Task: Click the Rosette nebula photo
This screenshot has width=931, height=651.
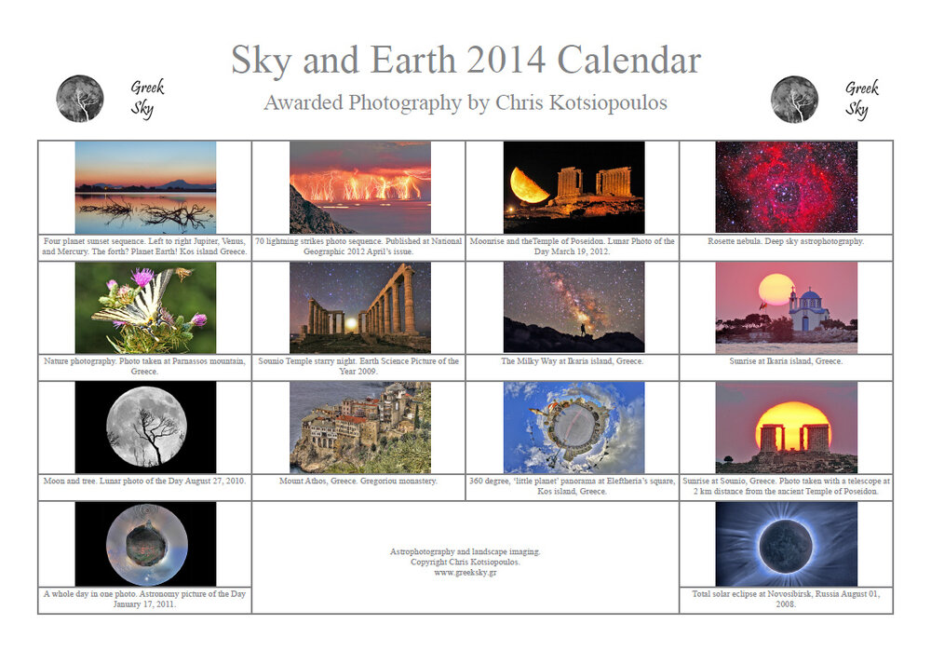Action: tap(786, 186)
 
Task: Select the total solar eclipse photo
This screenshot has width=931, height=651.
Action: tap(786, 544)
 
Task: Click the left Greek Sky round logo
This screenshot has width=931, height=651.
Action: tap(80, 99)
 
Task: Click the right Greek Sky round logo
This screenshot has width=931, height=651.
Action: tap(794, 99)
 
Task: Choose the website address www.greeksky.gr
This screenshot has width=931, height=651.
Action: tap(465, 573)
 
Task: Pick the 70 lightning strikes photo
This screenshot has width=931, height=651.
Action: tap(359, 186)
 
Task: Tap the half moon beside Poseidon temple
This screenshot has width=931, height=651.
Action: tap(528, 185)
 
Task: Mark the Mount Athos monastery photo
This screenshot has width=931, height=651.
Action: tap(359, 427)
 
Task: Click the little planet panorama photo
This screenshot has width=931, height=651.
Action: tap(573, 427)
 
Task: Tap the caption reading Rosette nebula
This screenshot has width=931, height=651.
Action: tap(786, 241)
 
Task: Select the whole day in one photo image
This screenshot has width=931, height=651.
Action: tap(144, 544)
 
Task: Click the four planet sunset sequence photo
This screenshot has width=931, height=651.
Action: tap(144, 186)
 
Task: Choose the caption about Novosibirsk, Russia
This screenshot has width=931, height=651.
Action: tap(786, 598)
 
